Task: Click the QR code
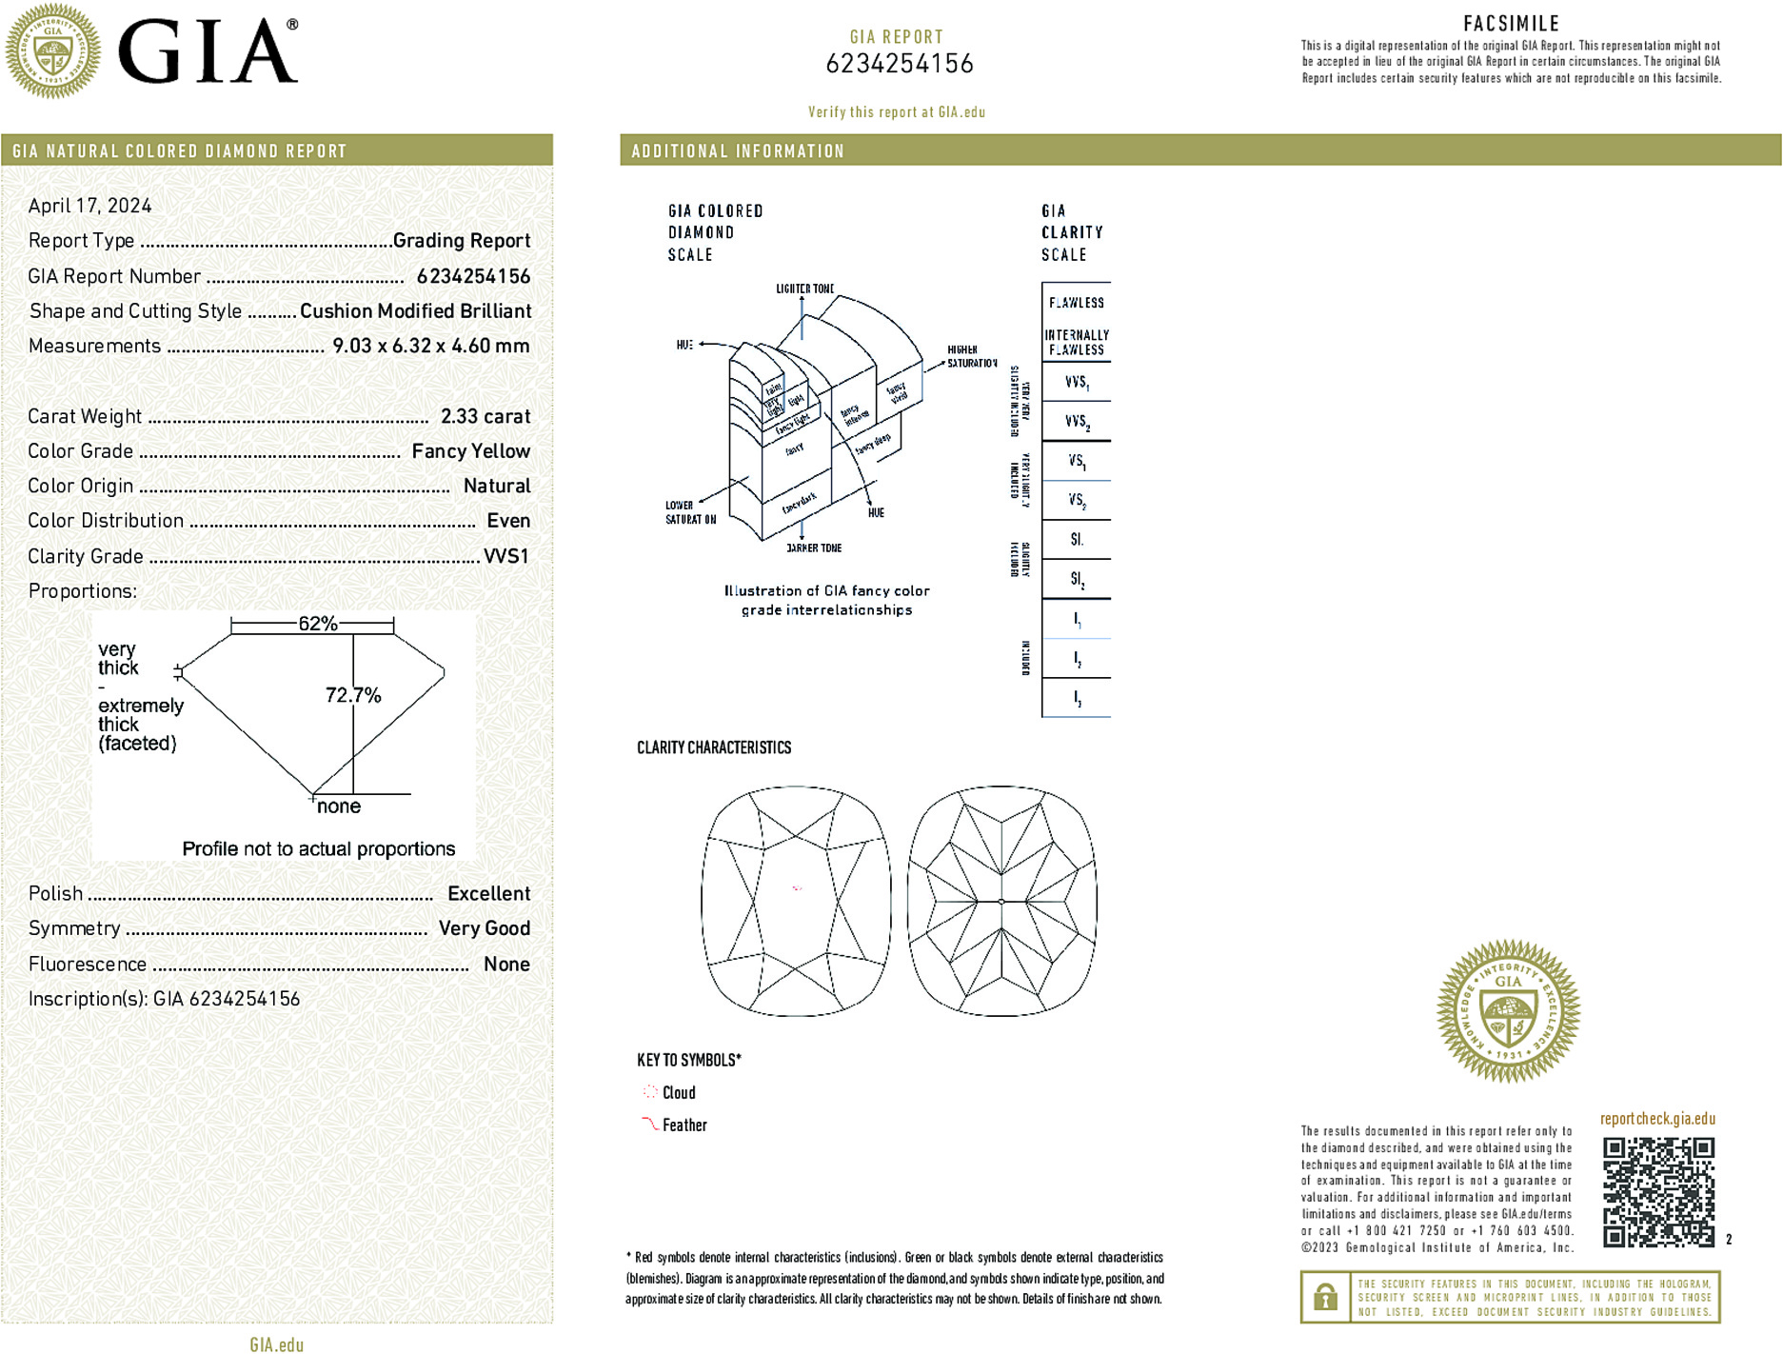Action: [x=1657, y=1191]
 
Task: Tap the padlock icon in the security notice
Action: [x=1325, y=1297]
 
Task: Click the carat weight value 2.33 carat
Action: [x=485, y=416]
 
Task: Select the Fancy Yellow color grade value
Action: [x=470, y=451]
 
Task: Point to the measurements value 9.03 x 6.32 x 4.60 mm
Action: [x=430, y=346]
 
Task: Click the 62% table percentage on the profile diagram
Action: [x=318, y=624]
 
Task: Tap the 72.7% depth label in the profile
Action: [x=353, y=695]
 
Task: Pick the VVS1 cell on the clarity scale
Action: [x=1077, y=382]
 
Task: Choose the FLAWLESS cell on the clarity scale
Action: [x=1077, y=303]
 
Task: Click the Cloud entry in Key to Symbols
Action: [x=679, y=1092]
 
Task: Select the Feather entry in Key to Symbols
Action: [x=684, y=1125]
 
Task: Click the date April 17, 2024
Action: [x=89, y=206]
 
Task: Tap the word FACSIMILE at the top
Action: [x=1511, y=24]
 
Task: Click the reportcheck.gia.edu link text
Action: [x=1657, y=1119]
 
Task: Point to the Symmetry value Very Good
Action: [x=484, y=928]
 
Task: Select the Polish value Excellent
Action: [x=488, y=893]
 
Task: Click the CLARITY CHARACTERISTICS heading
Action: [x=714, y=747]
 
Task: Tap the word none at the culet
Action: [x=339, y=806]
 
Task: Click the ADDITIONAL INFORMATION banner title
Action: [x=738, y=151]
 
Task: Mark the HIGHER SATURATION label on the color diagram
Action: [x=971, y=356]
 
